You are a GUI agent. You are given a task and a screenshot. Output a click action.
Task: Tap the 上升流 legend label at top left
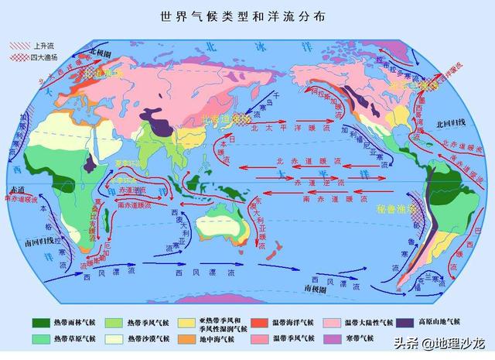pyautogui.click(x=44, y=46)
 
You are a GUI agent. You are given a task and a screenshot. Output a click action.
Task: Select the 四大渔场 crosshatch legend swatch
pyautogui.click(x=16, y=57)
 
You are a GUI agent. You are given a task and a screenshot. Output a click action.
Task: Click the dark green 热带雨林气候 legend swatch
pyautogui.click(x=39, y=321)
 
